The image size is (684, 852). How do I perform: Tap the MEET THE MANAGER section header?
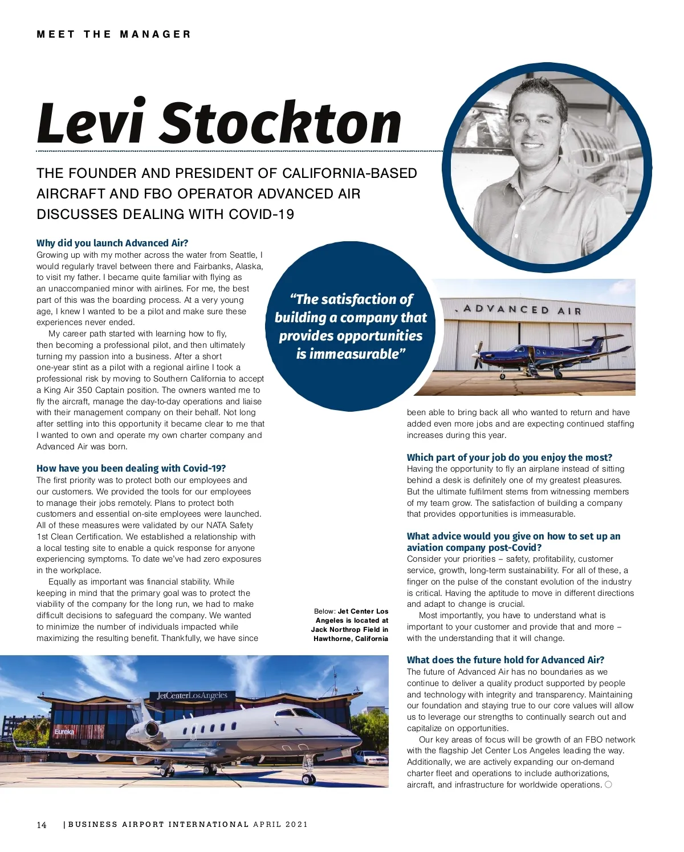point(113,34)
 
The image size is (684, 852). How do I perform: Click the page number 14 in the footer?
point(42,825)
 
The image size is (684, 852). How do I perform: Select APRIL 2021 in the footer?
point(280,825)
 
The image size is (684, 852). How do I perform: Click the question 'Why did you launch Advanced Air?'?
point(112,243)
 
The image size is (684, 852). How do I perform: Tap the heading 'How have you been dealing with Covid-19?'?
point(131,468)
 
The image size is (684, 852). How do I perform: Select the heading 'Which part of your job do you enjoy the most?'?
point(509,457)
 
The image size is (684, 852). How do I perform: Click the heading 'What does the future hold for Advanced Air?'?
point(506,660)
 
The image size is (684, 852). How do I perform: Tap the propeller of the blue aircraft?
point(478,354)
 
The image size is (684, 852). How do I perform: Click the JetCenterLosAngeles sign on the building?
point(192,696)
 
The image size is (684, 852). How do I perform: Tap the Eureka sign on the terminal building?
point(64,732)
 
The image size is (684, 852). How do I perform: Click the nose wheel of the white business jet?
point(308,777)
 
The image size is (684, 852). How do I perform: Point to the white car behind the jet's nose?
point(369,758)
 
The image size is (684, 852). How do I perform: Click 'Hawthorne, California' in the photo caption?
point(351,639)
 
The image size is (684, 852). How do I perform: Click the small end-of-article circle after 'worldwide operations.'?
point(608,785)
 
